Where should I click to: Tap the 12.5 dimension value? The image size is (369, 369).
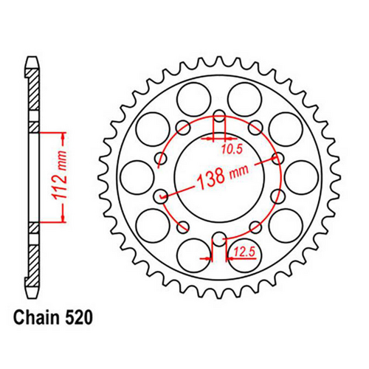[x=244, y=253]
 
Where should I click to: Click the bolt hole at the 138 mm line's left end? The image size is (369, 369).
[x=162, y=196]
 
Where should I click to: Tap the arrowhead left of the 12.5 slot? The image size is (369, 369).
[x=208, y=258]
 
